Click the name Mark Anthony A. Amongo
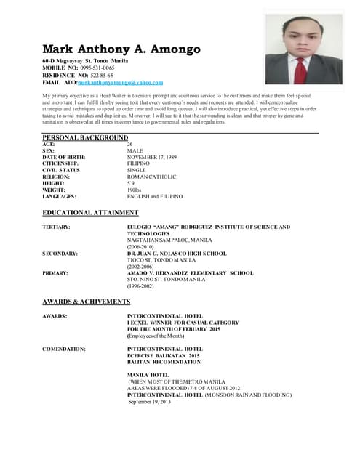(121, 49)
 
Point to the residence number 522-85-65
(99, 76)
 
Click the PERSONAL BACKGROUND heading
(85, 137)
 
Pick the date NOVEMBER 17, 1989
(152, 158)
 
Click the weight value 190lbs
(135, 190)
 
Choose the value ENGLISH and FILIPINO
(155, 197)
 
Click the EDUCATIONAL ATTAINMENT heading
(90, 213)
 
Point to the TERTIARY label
(56, 227)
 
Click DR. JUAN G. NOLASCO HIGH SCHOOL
(177, 254)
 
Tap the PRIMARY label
(55, 273)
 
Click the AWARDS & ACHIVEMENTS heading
(87, 302)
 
